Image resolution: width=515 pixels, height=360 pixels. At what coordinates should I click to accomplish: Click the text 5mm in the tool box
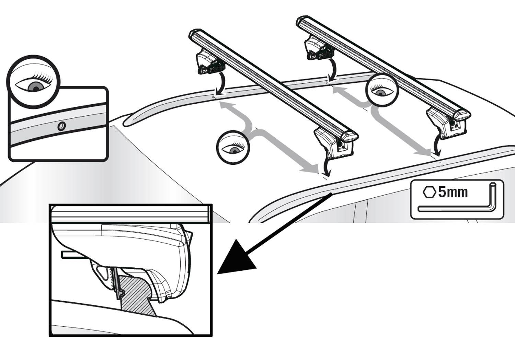click(x=453, y=192)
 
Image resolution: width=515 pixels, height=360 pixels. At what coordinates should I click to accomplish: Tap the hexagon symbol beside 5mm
click(x=429, y=192)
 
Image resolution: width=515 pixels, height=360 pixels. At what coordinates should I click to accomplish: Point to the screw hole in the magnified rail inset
click(x=61, y=126)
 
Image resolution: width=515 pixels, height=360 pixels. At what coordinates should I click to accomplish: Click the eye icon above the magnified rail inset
click(x=33, y=82)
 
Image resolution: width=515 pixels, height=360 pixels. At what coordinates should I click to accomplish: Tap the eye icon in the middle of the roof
click(x=233, y=147)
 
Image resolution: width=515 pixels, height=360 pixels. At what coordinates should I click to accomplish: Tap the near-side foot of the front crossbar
click(x=333, y=144)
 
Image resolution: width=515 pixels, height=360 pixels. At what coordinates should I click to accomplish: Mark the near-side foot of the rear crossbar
click(x=446, y=124)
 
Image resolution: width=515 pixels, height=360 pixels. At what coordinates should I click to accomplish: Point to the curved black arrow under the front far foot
click(x=221, y=84)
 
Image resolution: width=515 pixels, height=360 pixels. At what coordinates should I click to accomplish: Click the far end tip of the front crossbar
click(x=193, y=34)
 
